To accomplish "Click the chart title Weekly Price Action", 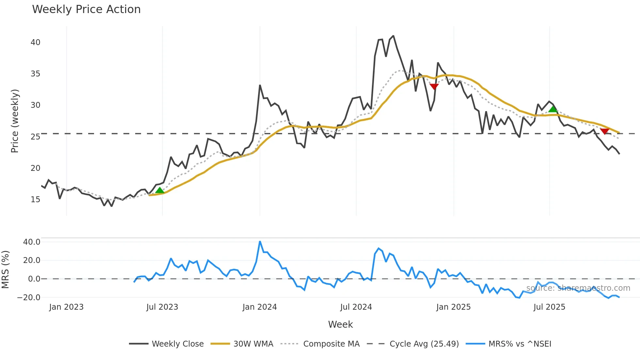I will (86, 9).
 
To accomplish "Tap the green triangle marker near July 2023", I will (160, 190).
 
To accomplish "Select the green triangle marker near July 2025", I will (553, 109).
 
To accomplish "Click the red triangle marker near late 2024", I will (434, 87).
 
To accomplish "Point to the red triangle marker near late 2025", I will (604, 131).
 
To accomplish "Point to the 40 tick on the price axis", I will (35, 42).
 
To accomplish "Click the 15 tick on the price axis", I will (35, 200).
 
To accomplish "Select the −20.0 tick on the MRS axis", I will (29, 298).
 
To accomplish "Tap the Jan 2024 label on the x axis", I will (260, 307).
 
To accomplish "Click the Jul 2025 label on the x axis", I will (549, 307).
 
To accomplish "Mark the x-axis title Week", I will (340, 324).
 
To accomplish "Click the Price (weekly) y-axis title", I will (15, 121).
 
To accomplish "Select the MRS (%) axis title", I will (5, 270).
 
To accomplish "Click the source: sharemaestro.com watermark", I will (578, 288).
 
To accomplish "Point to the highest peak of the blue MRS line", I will (260, 242).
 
